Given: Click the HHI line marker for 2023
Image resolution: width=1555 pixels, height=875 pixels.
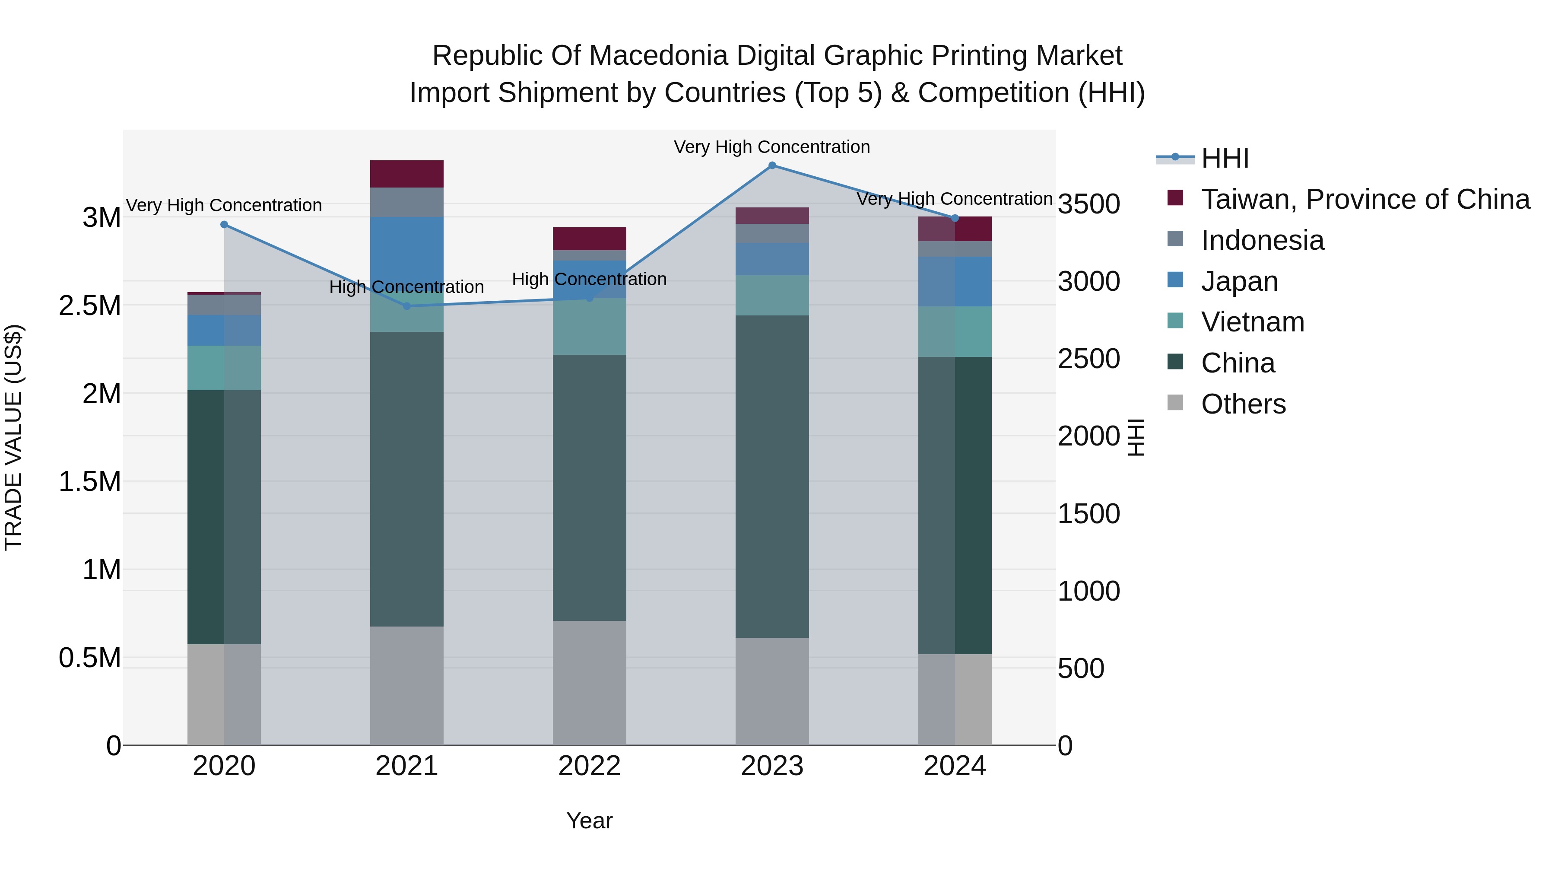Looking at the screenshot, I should pos(772,165).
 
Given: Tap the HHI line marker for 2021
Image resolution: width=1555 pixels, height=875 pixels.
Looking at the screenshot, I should pos(407,306).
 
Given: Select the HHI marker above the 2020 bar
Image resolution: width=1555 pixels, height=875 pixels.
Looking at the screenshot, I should pos(224,225).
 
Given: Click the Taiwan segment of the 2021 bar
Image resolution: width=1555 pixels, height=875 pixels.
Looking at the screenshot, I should pos(407,174).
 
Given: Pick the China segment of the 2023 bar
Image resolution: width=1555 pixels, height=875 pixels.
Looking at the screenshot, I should pos(772,477).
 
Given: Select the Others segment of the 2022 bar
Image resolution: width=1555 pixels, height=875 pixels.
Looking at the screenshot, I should pos(589,682).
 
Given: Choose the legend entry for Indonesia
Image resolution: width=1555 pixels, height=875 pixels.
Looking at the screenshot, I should pos(1262,240).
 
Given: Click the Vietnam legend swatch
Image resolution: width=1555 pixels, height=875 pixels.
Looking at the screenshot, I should pos(1175,321).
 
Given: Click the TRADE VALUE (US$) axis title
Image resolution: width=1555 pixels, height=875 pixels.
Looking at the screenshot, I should pos(13,437).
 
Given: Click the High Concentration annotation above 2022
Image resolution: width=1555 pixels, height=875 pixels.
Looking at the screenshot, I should pos(589,280).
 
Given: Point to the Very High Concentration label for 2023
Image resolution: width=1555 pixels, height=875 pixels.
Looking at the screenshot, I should pos(771,147).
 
